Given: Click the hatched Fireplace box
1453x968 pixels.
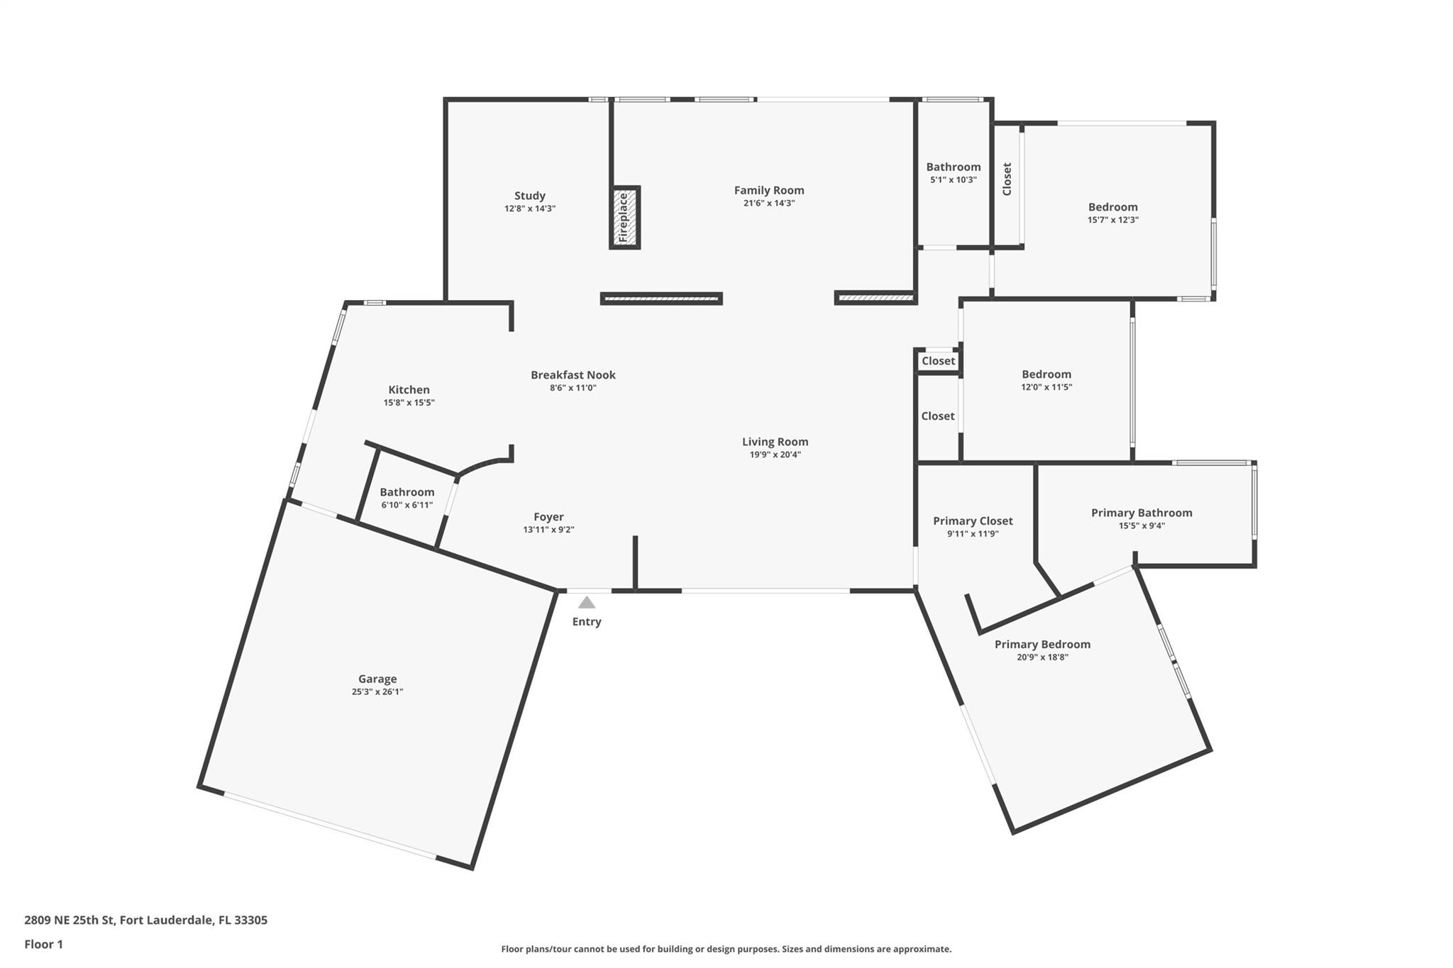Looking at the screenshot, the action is pos(624,218).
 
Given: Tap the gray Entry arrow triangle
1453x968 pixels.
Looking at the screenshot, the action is pos(587,603).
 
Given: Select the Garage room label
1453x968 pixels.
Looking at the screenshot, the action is pos(377,679).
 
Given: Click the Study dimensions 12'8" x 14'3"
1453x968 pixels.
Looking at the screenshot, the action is pos(530,208).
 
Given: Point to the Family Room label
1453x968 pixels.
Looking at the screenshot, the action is pos(769,190).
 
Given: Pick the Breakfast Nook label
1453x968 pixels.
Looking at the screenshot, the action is pos(573,375).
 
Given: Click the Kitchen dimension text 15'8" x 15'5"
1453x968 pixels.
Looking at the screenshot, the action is pos(409,403).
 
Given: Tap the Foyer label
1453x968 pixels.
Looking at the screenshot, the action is pos(549,518).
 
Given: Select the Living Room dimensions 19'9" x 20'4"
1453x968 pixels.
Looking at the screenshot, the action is pos(775,455).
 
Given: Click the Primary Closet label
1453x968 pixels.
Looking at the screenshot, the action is pos(973,521).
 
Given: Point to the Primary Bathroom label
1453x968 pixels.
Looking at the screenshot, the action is pos(1142,513).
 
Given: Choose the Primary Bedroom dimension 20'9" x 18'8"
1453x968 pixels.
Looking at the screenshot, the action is pos(1042,657).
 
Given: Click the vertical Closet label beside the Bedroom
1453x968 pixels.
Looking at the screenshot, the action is pos(1007,179).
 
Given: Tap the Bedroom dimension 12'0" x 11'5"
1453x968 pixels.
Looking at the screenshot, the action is pos(1046,387).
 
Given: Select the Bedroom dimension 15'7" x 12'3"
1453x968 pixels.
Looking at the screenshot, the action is pos(1113,220).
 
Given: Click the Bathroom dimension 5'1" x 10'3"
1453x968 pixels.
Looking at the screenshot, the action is pos(954,180).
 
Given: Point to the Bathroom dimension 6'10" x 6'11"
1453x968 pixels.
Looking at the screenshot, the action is pos(407,505).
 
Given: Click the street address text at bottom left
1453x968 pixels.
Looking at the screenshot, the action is pos(146,920).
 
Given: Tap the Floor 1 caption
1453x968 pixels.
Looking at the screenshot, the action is pos(44,944).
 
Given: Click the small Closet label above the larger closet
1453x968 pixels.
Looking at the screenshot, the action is pos(939,361).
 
